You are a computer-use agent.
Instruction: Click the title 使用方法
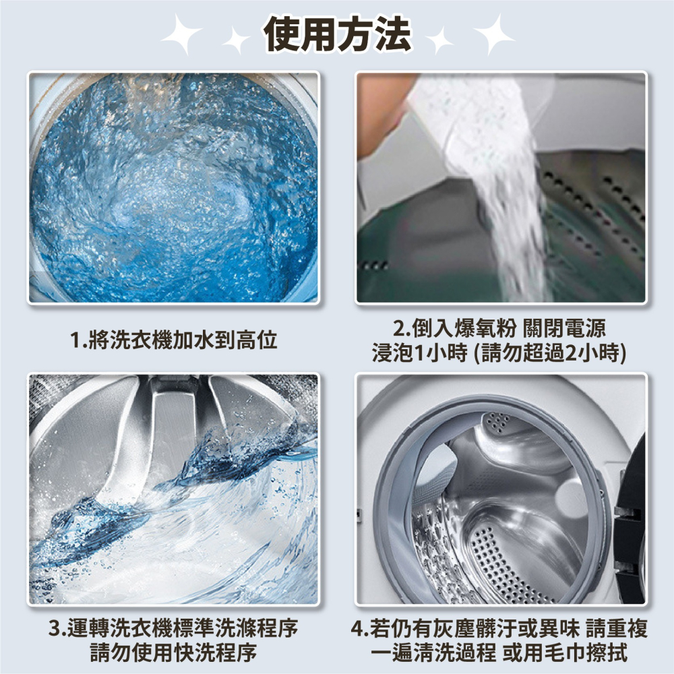(338, 34)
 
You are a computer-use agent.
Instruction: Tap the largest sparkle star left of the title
(181, 34)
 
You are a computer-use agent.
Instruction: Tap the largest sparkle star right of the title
(494, 34)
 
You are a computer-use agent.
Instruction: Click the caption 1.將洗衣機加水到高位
(174, 340)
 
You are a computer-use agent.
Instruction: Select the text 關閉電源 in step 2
(564, 328)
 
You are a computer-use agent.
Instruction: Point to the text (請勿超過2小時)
(549, 353)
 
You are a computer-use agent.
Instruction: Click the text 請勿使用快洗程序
(174, 652)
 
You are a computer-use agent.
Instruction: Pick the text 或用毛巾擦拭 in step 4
(565, 652)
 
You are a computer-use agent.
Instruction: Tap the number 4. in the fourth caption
(360, 628)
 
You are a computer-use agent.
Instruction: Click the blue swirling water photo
(174, 187)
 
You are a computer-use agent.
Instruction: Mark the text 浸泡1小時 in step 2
(419, 353)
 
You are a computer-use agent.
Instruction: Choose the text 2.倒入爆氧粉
(455, 328)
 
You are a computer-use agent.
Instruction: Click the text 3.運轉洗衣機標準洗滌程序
(174, 628)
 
